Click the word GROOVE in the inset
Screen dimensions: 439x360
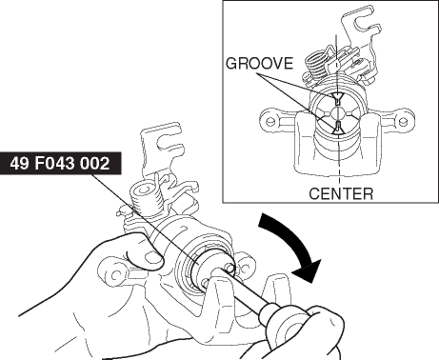coord(259,63)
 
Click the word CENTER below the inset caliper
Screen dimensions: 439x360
coord(341,193)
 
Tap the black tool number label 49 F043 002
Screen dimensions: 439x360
coord(60,163)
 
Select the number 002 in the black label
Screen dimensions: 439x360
coord(95,163)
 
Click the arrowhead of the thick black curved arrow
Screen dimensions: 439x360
coord(308,270)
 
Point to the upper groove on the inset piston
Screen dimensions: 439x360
coord(337,98)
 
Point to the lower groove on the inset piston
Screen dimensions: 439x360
coord(338,128)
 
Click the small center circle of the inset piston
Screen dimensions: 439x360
coord(338,113)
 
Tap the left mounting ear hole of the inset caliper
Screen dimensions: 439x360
coord(270,122)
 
